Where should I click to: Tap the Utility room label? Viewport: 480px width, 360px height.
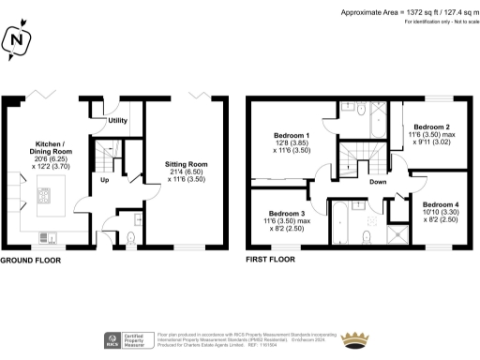(117, 121)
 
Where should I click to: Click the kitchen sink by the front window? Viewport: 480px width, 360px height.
(48, 236)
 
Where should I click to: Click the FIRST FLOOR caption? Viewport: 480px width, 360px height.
(273, 260)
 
